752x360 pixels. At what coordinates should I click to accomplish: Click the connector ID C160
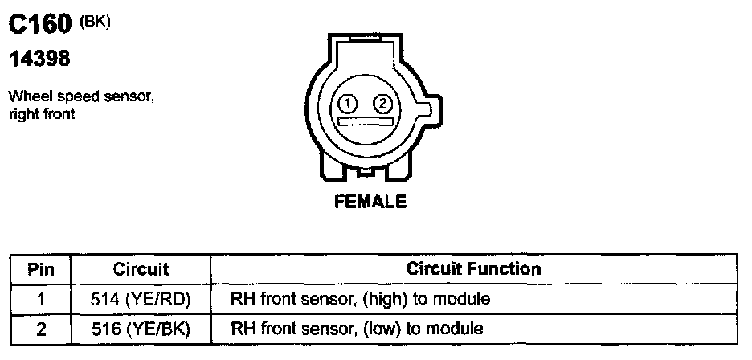pos(40,26)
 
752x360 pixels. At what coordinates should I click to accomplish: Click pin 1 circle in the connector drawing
pos(348,104)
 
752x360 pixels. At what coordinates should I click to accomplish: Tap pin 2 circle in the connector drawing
pos(383,104)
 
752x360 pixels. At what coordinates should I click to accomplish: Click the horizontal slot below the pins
pos(366,121)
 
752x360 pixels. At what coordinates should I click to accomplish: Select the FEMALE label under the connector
pos(370,202)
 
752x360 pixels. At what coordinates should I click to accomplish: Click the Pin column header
pos(40,269)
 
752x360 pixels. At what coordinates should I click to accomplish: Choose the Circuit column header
pos(141,269)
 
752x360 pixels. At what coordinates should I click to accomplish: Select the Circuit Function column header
pos(474,268)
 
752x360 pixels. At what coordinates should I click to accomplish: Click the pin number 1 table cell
pos(40,300)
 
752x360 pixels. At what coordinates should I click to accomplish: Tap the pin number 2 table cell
pos(40,329)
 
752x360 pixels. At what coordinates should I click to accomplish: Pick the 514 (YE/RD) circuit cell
pos(141,300)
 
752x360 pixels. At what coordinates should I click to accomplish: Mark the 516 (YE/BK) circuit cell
pos(141,329)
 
